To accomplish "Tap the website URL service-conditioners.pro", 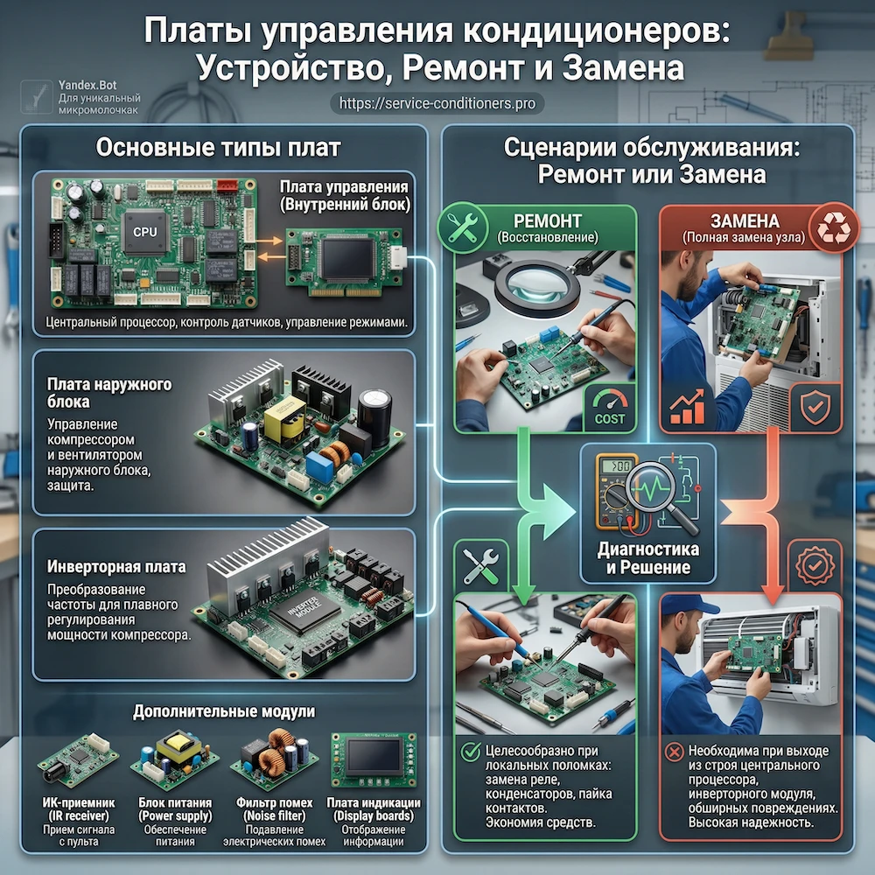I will pyautogui.click(x=437, y=103).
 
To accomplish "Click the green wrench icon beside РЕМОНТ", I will pyautogui.click(x=461, y=230).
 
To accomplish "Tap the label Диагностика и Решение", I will pyautogui.click(x=647, y=558).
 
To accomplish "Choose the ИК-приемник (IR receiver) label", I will pyautogui.click(x=73, y=810).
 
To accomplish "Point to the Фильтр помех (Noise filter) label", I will pyautogui.click(x=273, y=810).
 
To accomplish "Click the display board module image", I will pyautogui.click(x=371, y=760).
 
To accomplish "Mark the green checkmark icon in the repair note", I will pyautogui.click(x=472, y=751).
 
